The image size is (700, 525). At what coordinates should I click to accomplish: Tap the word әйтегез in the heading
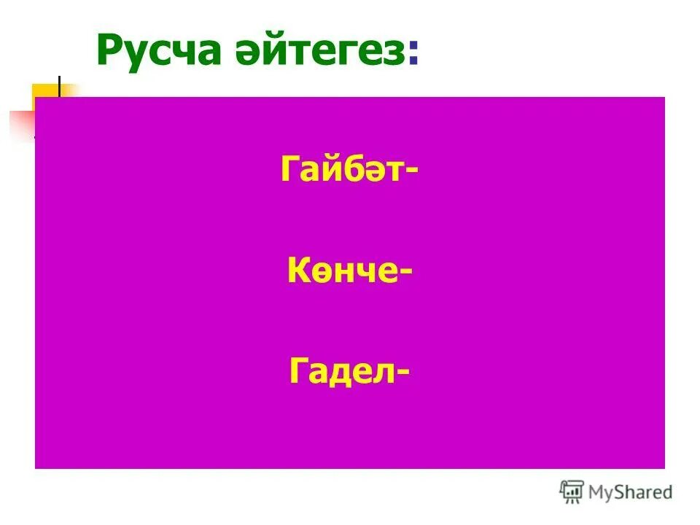click(x=324, y=51)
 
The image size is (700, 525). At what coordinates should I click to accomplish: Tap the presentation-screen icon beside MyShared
click(x=572, y=492)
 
